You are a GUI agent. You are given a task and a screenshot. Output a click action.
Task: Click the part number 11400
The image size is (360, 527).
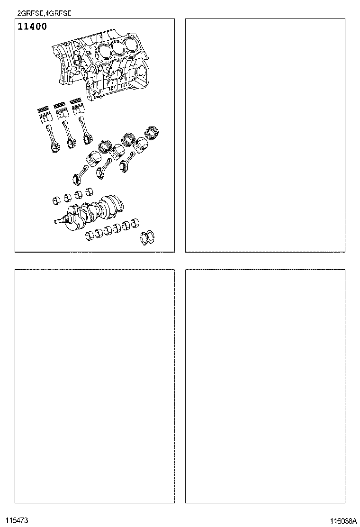coord(32,27)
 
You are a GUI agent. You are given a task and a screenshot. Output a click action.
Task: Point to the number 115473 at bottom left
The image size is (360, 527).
coord(17,520)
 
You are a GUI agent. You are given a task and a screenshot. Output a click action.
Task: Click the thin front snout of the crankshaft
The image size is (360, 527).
coord(59,220)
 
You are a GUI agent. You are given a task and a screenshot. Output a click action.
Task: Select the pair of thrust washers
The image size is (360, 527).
coord(149,238)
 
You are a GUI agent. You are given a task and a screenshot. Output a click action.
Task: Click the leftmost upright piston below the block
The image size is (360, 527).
coord(45,117)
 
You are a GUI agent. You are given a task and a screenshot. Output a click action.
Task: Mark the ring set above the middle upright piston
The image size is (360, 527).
coord(60,106)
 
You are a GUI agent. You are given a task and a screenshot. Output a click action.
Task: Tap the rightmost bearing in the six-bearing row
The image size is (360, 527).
coord(137,224)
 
